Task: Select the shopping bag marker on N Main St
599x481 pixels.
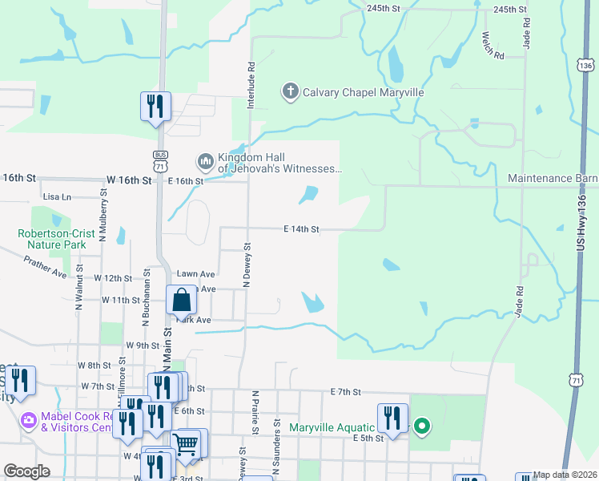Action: (x=182, y=301)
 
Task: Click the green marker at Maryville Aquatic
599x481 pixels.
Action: (x=421, y=426)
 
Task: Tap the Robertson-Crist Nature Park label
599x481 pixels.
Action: (x=57, y=239)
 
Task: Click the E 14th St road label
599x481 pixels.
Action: (x=301, y=229)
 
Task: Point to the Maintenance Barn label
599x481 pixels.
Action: (x=553, y=177)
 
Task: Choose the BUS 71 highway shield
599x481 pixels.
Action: (x=161, y=160)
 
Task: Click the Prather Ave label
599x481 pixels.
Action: (x=45, y=267)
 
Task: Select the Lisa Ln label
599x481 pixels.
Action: (x=57, y=196)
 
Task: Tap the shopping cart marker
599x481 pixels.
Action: (x=186, y=443)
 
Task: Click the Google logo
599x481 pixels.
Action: (x=27, y=471)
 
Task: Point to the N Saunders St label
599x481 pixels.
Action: (x=276, y=439)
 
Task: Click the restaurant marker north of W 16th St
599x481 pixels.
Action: (x=155, y=107)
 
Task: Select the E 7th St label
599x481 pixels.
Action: (x=347, y=391)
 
